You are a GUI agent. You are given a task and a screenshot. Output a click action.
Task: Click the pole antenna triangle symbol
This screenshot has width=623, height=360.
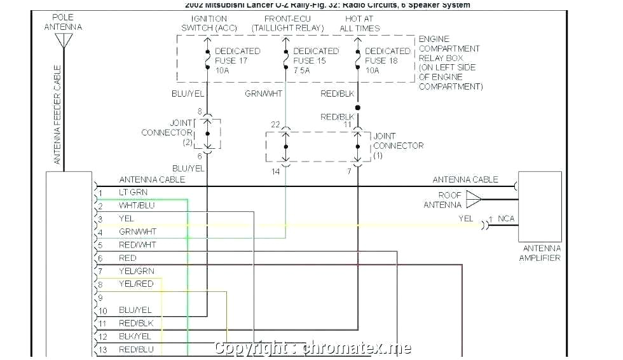point(62,41)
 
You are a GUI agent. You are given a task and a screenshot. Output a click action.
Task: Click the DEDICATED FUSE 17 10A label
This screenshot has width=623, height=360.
point(237,60)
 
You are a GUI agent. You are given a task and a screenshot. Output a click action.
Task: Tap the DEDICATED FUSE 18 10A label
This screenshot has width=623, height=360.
point(387,60)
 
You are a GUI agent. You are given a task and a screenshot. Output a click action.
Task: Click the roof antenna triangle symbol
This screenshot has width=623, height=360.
point(474,199)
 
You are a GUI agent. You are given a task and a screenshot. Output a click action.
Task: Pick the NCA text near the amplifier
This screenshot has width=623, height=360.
point(506,219)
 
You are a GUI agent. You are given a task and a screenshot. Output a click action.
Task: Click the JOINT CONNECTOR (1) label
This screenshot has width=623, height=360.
point(398,146)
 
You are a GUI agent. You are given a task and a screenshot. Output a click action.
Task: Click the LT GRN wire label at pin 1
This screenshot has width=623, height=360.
point(133,192)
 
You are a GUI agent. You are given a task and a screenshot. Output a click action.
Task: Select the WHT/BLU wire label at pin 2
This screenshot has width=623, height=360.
point(136,205)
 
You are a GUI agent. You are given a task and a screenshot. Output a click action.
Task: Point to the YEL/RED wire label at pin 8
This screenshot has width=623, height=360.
point(136,284)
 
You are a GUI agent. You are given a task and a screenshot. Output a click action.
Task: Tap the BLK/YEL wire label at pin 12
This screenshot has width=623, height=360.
point(135,336)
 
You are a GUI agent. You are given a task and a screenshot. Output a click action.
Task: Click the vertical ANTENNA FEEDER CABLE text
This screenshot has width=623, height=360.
point(57,114)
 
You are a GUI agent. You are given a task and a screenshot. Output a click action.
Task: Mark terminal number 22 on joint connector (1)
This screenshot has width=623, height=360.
point(275,125)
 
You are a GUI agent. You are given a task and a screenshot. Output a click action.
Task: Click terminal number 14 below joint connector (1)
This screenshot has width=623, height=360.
point(275,172)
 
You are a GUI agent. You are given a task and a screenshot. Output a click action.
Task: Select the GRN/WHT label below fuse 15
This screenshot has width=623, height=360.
point(264,94)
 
